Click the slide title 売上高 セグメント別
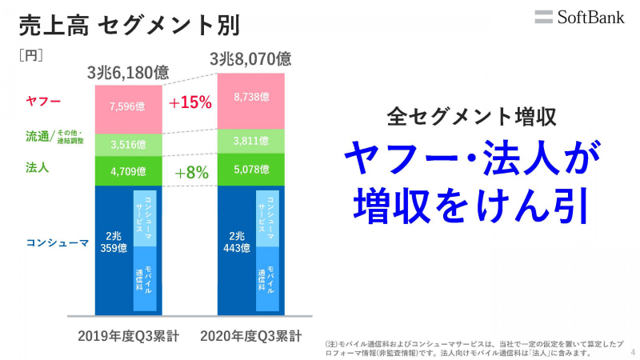[128, 25]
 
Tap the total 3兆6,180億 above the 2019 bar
[128, 74]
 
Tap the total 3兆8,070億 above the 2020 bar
[250, 58]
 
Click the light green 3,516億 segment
[128, 145]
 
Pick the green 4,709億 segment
[128, 171]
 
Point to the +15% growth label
[190, 102]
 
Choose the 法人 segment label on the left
[38, 167]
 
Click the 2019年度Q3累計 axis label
[128, 335]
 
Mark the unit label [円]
[30, 55]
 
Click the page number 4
[633, 350]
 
